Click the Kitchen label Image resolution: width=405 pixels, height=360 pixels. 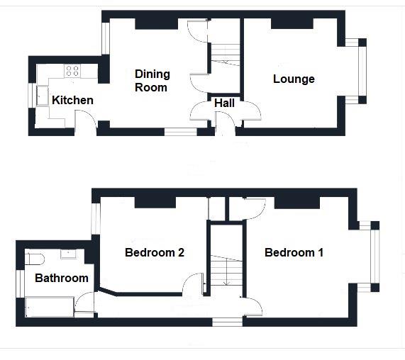coord(72,100)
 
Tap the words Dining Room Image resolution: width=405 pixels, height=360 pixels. coord(151,80)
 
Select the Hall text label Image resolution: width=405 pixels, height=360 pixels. coord(225,103)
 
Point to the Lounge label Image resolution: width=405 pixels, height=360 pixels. coord(294,79)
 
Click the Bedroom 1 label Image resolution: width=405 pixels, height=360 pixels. coord(294,252)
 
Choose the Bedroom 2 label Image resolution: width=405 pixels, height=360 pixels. coord(155,252)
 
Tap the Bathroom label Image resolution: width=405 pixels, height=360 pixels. coord(62,278)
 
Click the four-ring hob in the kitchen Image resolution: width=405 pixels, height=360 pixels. coord(72,70)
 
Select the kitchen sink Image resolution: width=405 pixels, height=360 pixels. coord(41,96)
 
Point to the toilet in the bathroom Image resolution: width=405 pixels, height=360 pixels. coord(35,258)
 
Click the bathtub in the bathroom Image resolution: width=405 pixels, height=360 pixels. coord(48,308)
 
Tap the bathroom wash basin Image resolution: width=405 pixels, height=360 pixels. coord(68,253)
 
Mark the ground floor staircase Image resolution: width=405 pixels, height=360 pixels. coord(226,54)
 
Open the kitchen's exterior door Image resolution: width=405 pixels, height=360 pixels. coord(87,125)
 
